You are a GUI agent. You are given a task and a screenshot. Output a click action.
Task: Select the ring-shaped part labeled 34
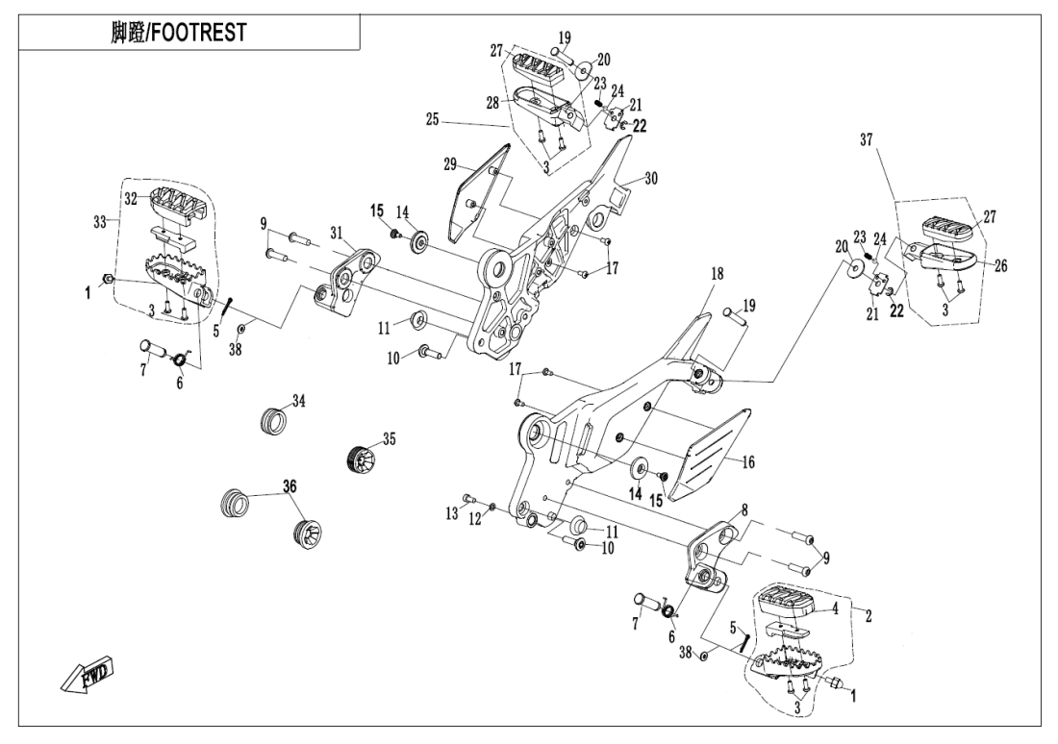point(276,421)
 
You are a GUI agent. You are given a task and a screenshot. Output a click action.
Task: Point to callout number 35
point(388,439)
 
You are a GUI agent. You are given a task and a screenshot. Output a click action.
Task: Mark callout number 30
point(650,178)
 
